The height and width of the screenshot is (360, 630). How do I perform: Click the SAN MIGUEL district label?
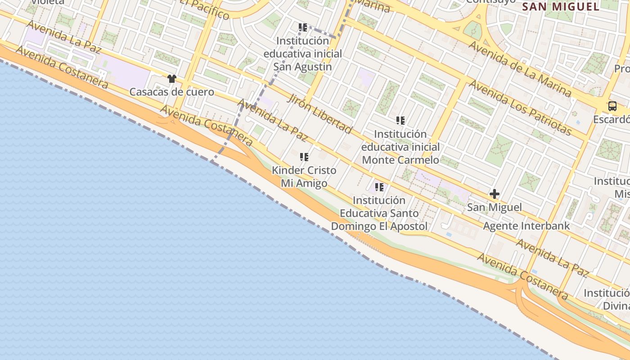coord(561,7)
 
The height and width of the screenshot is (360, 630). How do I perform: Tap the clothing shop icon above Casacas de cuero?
coord(171,79)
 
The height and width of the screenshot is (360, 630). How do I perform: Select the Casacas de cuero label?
coord(171,92)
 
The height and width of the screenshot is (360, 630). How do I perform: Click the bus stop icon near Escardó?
coord(612,106)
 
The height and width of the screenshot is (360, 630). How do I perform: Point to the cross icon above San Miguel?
coord(494,194)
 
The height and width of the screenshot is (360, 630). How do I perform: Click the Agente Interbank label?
coord(526,226)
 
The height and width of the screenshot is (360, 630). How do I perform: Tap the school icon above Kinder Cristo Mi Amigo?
coord(304,157)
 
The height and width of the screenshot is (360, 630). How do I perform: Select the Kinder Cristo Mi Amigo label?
coord(304,177)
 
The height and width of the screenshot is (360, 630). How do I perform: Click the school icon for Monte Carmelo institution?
coord(400,121)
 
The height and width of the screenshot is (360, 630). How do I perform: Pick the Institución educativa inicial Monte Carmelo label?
coord(400,147)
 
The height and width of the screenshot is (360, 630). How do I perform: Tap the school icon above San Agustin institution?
coord(303,27)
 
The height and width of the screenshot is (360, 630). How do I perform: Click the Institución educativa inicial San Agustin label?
coord(303,54)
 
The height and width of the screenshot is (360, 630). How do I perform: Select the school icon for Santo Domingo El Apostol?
coord(379,187)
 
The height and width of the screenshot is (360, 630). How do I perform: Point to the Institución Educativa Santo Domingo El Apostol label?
coord(379,213)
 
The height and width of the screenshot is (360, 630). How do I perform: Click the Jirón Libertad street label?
coord(319,114)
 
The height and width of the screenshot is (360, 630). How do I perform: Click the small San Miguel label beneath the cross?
coord(494,207)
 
